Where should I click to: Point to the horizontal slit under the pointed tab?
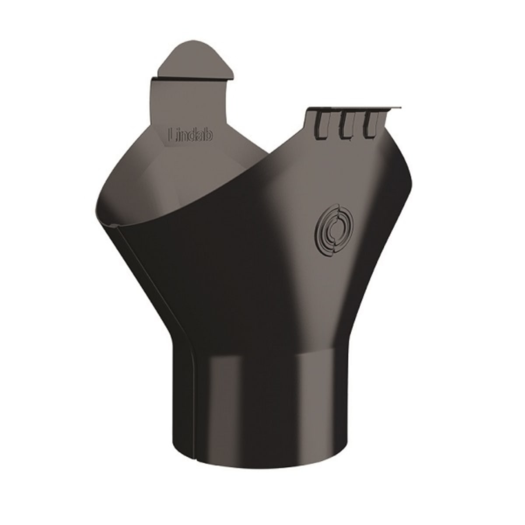pyautogui.click(x=192, y=79)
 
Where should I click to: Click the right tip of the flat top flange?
pyautogui.click(x=402, y=107)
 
